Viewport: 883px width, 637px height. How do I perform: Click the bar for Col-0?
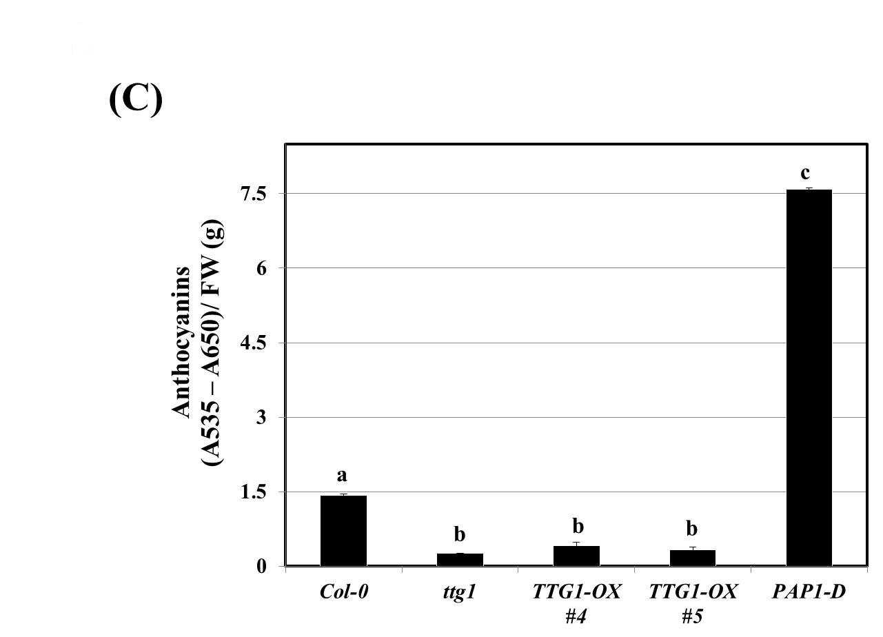(343, 531)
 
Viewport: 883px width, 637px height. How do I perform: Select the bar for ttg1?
(460, 560)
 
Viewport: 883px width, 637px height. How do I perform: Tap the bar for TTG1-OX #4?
(576, 556)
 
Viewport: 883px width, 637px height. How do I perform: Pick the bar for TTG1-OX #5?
(693, 558)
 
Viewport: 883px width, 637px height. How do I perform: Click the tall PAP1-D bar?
(809, 378)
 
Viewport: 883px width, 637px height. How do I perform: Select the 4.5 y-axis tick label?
(254, 343)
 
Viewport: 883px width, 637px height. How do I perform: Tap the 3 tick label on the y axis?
(261, 418)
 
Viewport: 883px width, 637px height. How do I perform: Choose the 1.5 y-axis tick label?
(254, 492)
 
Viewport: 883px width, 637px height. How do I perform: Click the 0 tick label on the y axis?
(261, 567)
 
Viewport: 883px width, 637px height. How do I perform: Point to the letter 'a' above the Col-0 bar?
(342, 476)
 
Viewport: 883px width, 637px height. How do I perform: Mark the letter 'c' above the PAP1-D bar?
(805, 172)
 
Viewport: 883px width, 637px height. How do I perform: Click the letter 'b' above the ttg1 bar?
(460, 534)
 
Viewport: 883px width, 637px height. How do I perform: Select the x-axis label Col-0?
(344, 591)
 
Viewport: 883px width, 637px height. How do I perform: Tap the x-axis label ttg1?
(459, 593)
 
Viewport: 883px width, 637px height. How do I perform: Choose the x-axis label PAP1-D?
(809, 591)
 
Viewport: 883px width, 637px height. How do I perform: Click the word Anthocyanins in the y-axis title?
(181, 342)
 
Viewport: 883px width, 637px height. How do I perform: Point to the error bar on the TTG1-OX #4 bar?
(576, 544)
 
